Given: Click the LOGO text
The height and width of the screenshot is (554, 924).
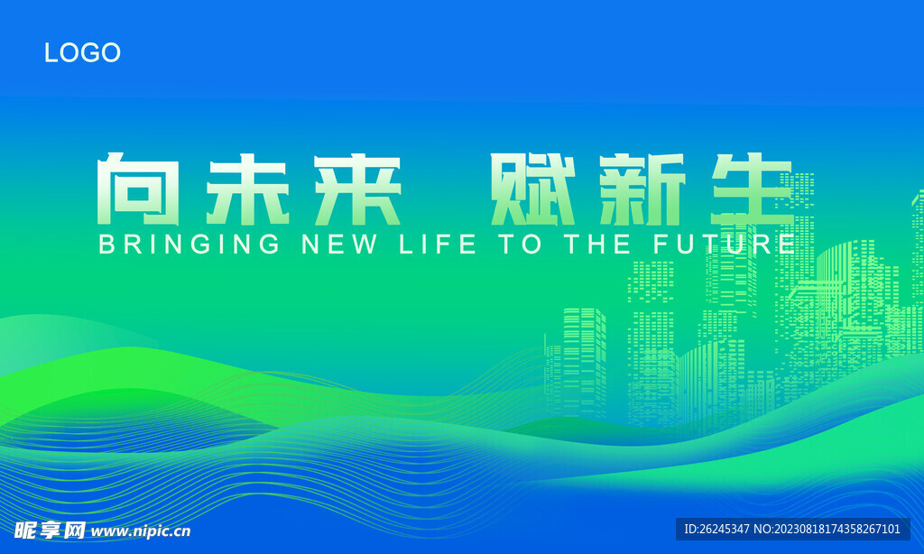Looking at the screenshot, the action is tap(82, 52).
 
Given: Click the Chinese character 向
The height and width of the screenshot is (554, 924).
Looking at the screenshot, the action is tap(138, 189).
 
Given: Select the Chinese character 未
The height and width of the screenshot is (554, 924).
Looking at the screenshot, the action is tap(247, 189).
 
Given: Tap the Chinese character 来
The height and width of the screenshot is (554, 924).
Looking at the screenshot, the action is tap(357, 189).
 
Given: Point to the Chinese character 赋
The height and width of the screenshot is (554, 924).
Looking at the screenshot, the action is tap(532, 189).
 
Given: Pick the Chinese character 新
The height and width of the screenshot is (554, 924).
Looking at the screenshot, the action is tap(642, 189).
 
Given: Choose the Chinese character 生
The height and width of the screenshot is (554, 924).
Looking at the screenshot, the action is tap(753, 189).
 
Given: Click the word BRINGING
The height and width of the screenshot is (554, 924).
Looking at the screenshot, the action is tap(189, 244).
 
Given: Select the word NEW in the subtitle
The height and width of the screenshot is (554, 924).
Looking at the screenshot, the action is tap(339, 244).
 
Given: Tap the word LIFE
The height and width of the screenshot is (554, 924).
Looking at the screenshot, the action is tap(438, 244).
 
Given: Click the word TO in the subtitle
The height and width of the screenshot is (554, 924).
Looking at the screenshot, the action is tap(520, 244).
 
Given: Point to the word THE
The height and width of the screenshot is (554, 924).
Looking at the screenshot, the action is tap(597, 244).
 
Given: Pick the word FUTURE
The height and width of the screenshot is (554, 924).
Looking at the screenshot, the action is tap(725, 244).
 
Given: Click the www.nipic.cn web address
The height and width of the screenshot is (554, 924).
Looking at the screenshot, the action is tap(141, 531).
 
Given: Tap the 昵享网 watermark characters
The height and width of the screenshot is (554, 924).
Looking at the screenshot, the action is tap(51, 531).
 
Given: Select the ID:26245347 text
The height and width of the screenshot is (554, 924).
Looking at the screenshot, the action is tap(716, 530).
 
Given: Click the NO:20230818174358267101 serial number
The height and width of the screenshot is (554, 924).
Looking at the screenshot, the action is tap(827, 530).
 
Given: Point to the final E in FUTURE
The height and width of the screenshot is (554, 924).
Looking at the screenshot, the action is tap(787, 244).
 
